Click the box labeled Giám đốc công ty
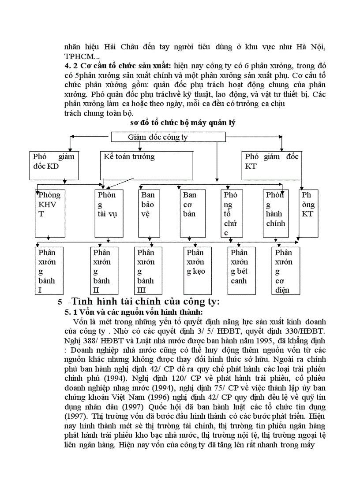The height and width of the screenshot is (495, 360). [x=157, y=137]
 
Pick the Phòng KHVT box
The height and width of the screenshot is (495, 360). [x=49, y=213]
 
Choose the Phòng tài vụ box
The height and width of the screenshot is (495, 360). [x=109, y=213]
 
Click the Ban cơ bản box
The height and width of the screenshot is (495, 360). [x=193, y=213]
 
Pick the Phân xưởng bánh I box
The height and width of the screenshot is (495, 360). [x=49, y=271]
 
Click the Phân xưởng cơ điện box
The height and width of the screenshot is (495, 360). [x=285, y=271]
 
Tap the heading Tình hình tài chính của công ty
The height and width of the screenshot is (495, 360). [x=146, y=302]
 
